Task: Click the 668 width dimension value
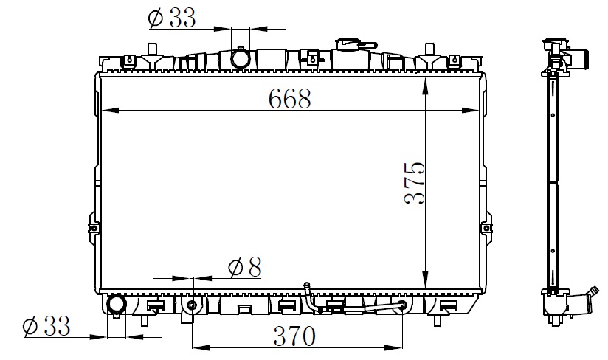point(290,98)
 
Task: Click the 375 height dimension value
point(415,183)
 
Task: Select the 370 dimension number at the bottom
point(294,336)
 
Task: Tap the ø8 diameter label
point(245,267)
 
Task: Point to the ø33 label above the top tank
point(172,18)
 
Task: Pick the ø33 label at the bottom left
point(46,326)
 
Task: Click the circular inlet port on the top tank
point(241,58)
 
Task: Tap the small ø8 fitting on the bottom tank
point(192,305)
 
